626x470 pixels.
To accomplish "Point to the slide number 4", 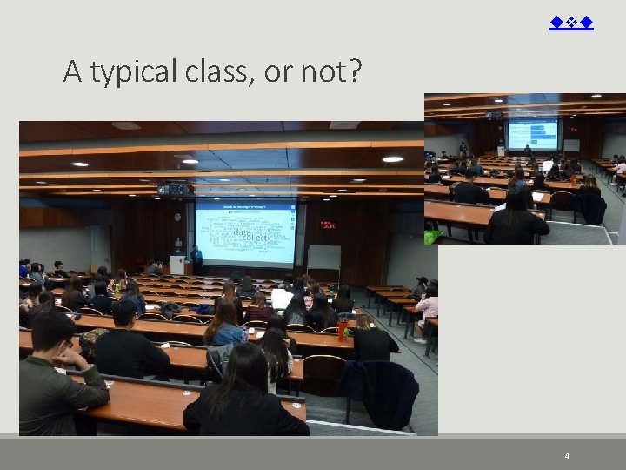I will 567,456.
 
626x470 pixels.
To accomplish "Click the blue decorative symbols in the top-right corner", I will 571,23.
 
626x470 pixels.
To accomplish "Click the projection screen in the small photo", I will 533,134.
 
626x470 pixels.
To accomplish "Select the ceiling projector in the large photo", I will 172,187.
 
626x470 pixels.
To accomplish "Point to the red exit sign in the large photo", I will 327,225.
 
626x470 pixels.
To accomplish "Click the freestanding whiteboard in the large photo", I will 323,258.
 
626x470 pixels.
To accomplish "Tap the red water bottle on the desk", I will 343,327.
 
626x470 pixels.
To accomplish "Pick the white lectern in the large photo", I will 177,264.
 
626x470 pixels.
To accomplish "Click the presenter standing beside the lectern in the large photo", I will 196,258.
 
